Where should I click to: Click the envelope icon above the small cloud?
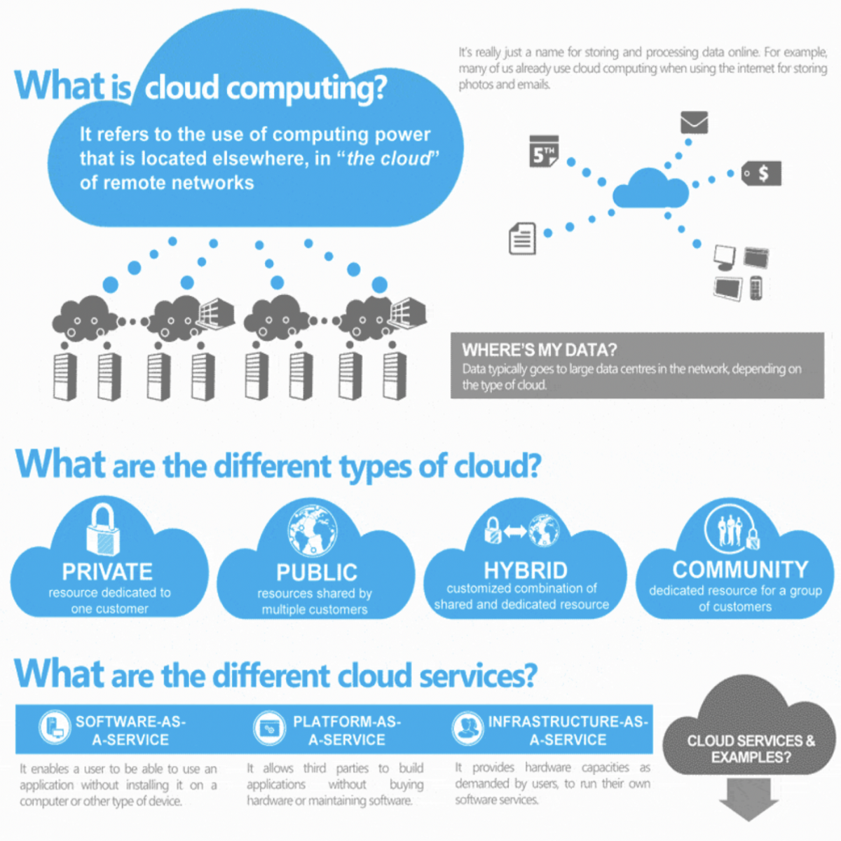pos(694,123)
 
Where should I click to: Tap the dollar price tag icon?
pos(762,173)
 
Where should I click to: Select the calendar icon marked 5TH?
pos(544,151)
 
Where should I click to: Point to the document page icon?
pos(522,238)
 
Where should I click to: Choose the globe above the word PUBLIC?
pos(313,531)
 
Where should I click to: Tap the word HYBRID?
pos(525,570)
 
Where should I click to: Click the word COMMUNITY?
pos(740,569)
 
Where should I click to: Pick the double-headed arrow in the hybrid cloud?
pos(515,532)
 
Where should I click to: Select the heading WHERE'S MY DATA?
pos(539,350)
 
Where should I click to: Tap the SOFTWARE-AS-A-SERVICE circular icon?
pos(55,728)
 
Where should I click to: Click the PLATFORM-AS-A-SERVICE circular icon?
pos(269,729)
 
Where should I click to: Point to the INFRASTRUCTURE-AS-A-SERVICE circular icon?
pos(467,729)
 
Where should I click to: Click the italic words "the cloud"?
pos(388,158)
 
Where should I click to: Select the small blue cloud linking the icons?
pos(650,188)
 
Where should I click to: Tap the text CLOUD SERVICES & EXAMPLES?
pos(751,748)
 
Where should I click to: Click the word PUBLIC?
pos(317,572)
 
